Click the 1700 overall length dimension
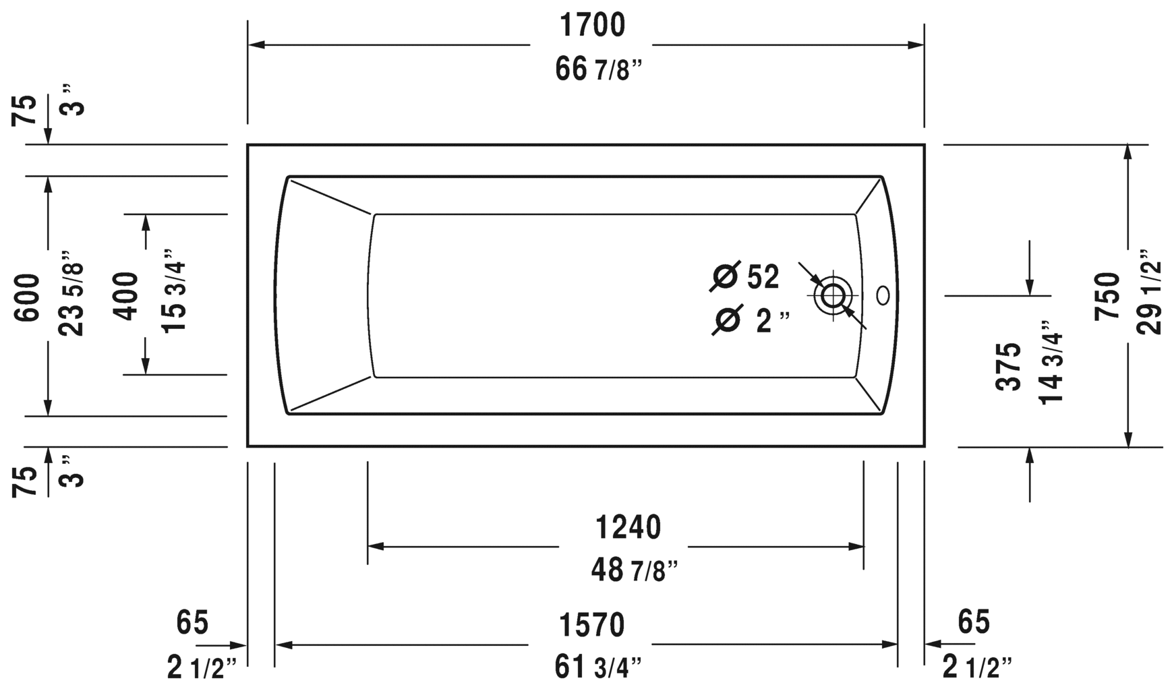click(x=592, y=26)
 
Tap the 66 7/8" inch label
click(x=597, y=69)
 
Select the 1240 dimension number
click(x=628, y=527)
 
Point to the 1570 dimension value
click(x=592, y=626)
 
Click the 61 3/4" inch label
click(x=597, y=667)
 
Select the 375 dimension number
click(x=1009, y=366)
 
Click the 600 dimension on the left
click(x=28, y=297)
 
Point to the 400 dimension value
click(x=125, y=295)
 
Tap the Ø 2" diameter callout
click(x=750, y=321)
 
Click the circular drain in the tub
click(x=833, y=295)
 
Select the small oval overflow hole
click(x=883, y=295)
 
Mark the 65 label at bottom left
click(x=192, y=622)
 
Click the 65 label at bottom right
click(x=973, y=622)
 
